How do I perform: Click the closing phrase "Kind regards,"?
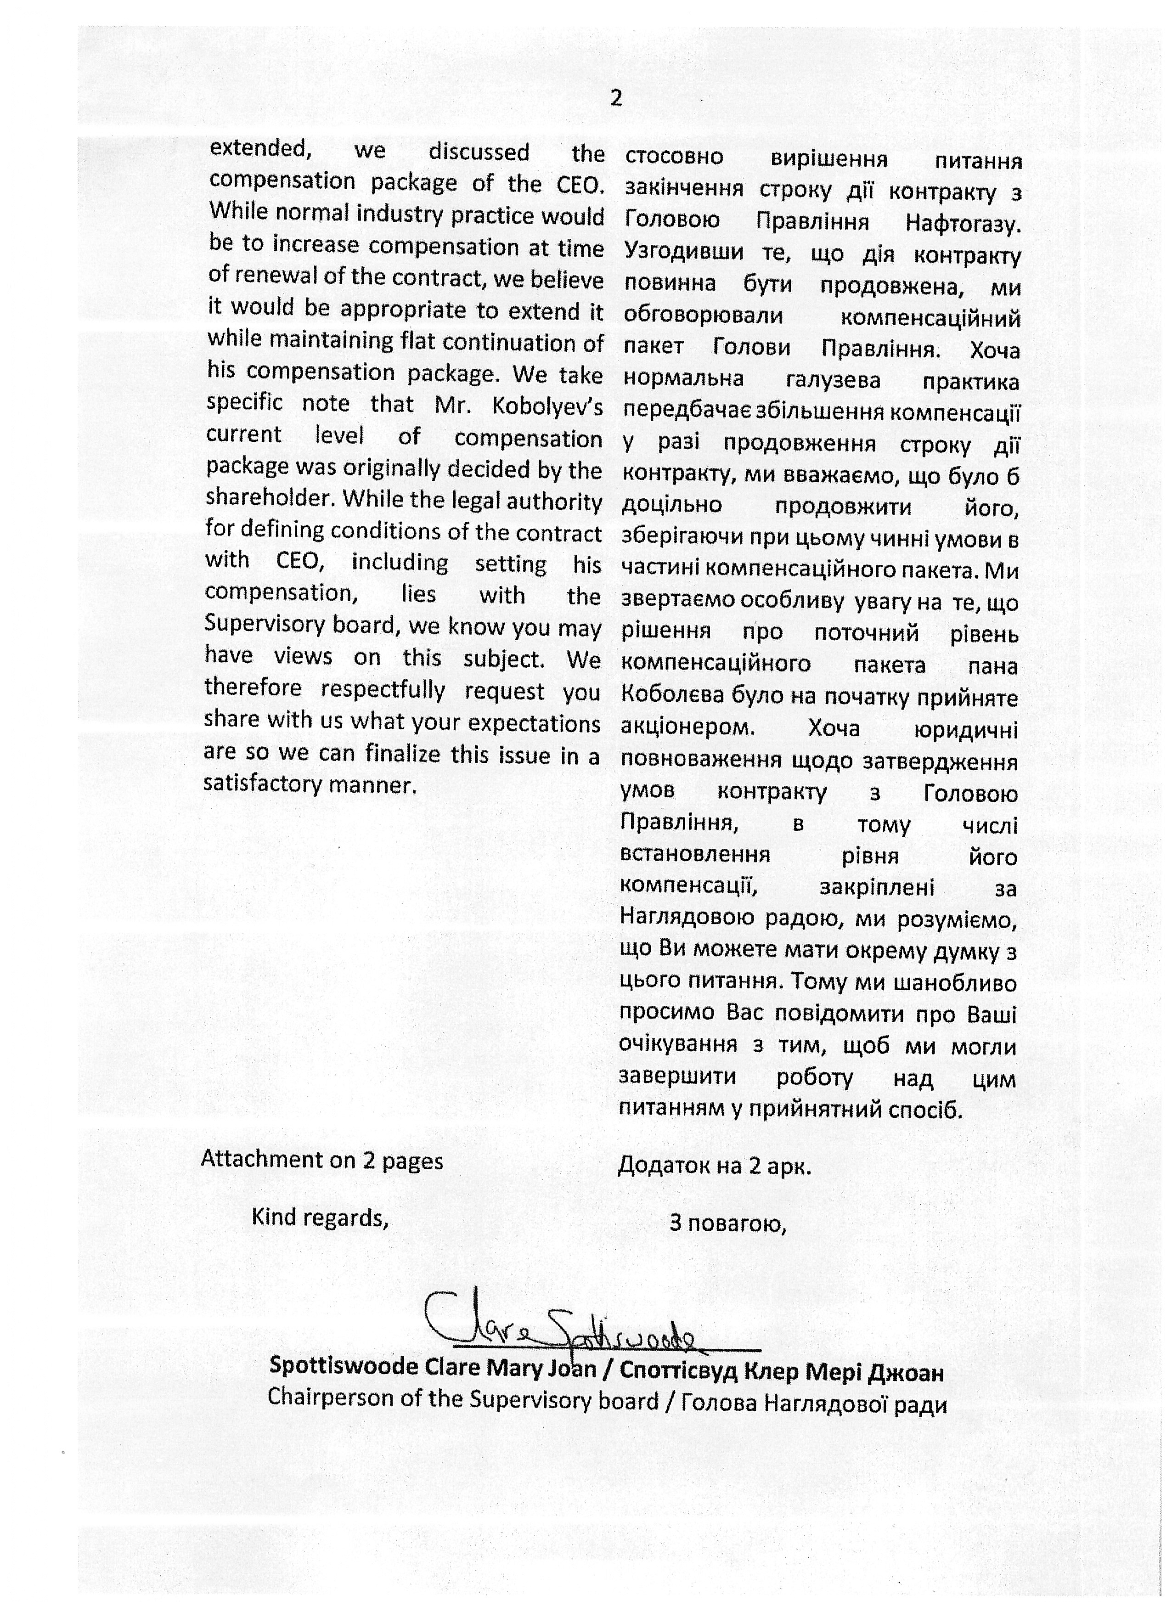coord(320,1217)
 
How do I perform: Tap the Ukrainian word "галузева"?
coord(833,381)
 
